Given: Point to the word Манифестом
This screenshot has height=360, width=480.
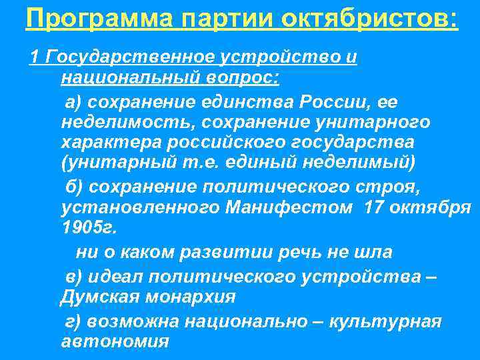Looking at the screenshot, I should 288,207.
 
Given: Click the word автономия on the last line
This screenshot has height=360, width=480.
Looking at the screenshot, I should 114,341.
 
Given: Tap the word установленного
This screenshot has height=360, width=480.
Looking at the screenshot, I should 140,207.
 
